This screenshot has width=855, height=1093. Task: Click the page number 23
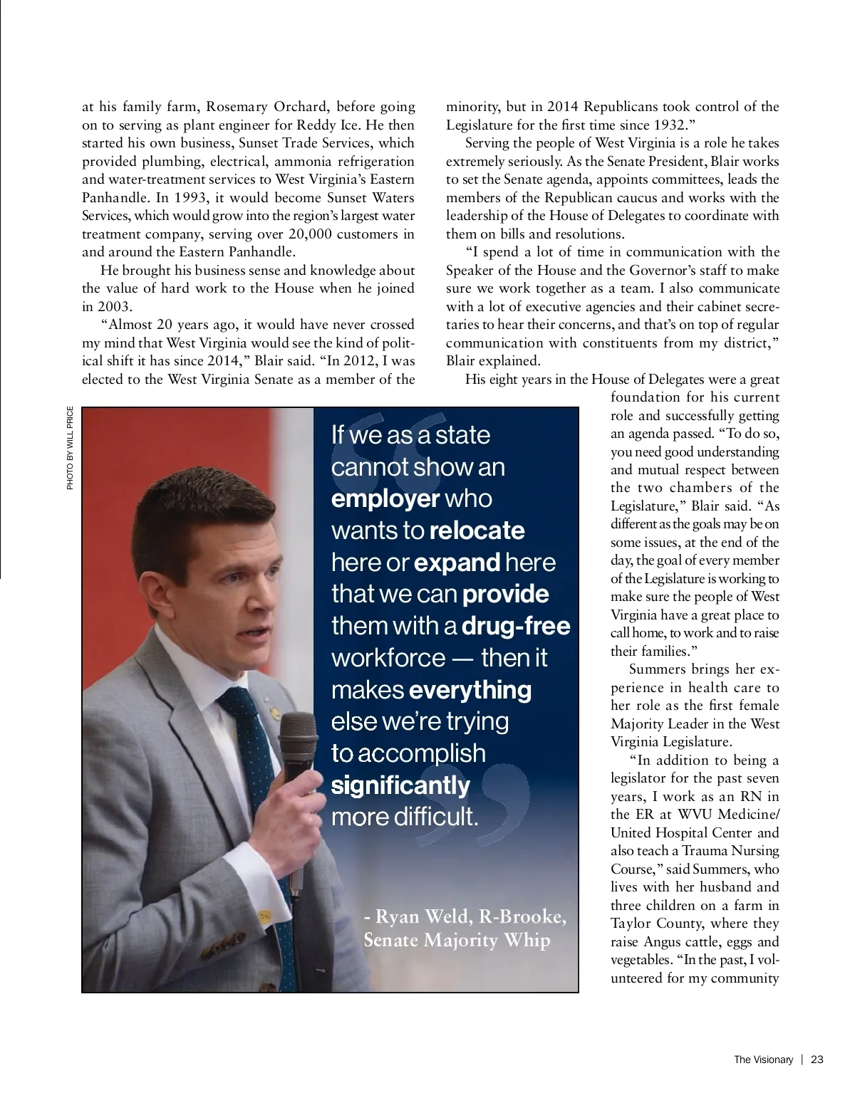pos(817,1060)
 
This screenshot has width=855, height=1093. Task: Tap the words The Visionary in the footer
pos(763,1060)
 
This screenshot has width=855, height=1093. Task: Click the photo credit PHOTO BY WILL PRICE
pos(70,448)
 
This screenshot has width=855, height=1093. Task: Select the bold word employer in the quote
pos(385,498)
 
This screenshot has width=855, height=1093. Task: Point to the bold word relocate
pos(477,530)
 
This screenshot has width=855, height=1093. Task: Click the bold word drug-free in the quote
pos(517,626)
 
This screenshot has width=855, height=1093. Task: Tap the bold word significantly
pos(400,785)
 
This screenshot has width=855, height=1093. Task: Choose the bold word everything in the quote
pos(471,690)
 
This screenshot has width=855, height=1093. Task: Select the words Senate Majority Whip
pos(457,940)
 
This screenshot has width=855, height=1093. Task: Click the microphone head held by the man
pos(298,736)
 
